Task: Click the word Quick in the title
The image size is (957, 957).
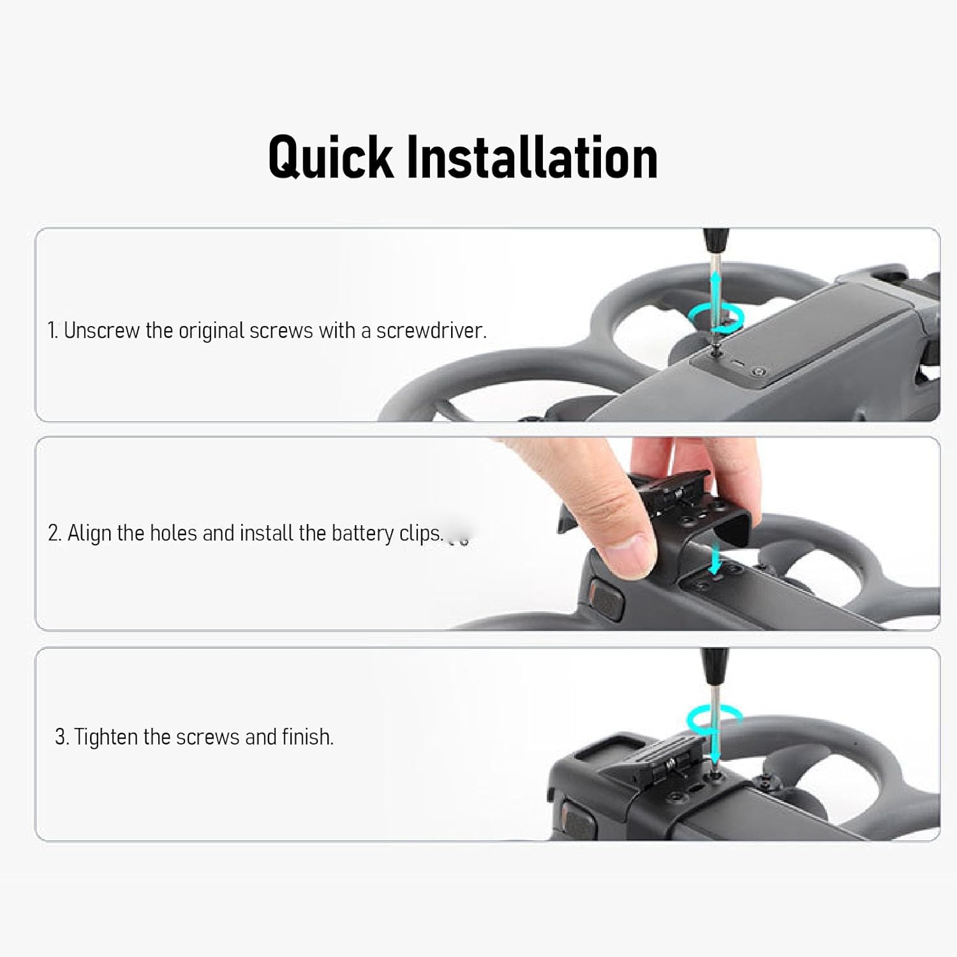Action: click(x=331, y=157)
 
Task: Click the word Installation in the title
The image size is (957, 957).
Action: click(x=532, y=157)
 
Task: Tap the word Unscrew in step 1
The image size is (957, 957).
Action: click(x=102, y=330)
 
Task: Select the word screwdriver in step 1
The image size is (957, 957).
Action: click(x=431, y=330)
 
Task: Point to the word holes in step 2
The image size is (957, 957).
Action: click(x=173, y=533)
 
